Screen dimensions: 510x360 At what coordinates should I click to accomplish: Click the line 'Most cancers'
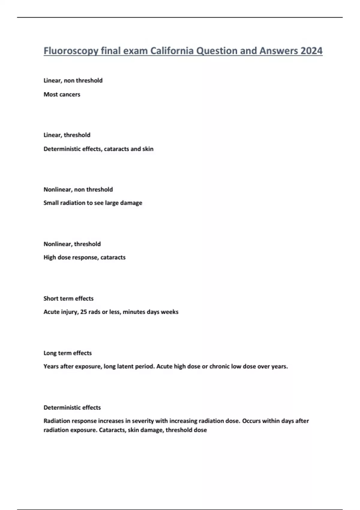click(x=62, y=94)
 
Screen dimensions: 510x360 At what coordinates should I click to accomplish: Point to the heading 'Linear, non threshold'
click(x=73, y=80)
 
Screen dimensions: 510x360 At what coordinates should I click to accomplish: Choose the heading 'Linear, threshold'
click(x=67, y=135)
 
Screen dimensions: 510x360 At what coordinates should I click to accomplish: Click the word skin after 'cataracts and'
click(x=148, y=149)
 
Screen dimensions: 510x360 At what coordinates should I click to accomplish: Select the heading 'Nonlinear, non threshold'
click(x=78, y=189)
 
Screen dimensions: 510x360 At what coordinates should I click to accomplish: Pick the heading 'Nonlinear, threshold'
click(x=72, y=244)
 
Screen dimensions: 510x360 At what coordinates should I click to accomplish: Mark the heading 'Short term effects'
click(x=68, y=298)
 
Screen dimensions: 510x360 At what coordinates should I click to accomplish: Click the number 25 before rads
click(x=83, y=312)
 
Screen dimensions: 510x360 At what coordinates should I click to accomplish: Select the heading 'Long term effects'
click(x=67, y=353)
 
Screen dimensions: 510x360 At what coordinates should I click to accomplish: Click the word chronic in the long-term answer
click(x=219, y=366)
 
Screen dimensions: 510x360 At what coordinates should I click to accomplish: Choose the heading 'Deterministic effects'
click(x=72, y=407)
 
